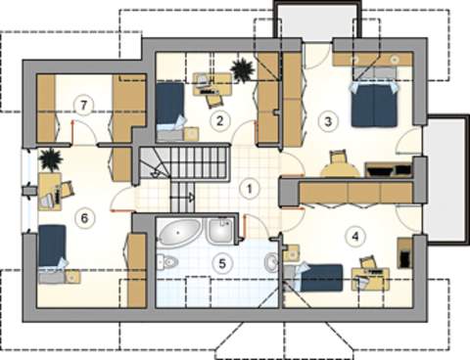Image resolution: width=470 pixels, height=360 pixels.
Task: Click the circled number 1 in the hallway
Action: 250,189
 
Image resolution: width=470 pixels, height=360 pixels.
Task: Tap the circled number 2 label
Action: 219,120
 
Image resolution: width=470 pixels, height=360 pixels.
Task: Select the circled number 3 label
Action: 328,121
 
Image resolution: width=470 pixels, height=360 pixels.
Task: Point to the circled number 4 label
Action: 355,236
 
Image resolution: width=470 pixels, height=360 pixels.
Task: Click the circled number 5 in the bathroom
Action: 222,263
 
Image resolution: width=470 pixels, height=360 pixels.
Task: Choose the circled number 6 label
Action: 84,218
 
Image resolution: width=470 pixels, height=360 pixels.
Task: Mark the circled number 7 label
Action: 84,105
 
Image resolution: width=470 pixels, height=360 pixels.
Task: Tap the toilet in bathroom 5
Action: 167,262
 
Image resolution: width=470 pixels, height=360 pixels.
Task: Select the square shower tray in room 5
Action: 220,230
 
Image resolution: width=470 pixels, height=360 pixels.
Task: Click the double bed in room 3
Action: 374,104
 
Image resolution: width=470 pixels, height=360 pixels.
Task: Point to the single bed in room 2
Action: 169,112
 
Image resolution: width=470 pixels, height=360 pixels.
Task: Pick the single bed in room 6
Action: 52,253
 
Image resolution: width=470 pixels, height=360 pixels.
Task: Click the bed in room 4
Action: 314,277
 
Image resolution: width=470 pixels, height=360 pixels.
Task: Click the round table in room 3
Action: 339,170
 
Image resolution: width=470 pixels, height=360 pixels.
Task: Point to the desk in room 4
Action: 371,279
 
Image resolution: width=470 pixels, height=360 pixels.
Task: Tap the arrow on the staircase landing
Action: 191,197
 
